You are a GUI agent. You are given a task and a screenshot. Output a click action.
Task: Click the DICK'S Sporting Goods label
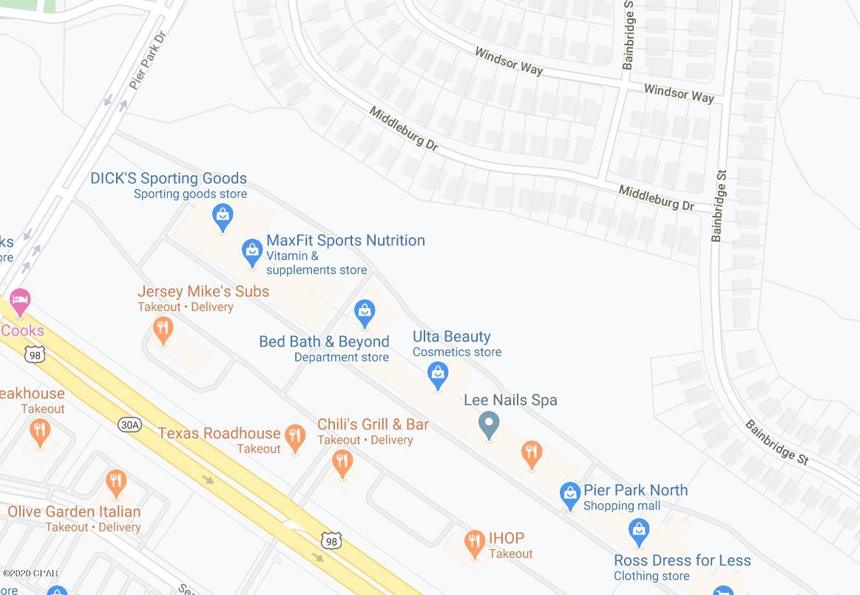pyautogui.click(x=169, y=178)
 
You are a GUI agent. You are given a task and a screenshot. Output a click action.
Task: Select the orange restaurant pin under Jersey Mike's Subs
pyautogui.click(x=163, y=330)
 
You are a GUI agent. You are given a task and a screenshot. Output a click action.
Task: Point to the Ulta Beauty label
pyautogui.click(x=451, y=336)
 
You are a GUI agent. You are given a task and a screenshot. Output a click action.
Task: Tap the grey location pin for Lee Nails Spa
pyautogui.click(x=489, y=425)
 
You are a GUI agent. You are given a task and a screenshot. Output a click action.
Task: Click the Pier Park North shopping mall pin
pyautogui.click(x=569, y=495)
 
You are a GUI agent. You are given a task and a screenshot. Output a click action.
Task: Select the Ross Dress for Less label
pyautogui.click(x=682, y=560)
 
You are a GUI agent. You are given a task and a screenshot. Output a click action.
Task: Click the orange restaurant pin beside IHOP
pyautogui.click(x=474, y=544)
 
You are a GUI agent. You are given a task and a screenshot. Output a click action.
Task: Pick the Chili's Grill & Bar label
pyautogui.click(x=373, y=424)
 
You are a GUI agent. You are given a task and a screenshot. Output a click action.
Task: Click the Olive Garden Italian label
pyautogui.click(x=74, y=511)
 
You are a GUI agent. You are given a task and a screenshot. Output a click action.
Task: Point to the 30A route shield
pyautogui.click(x=129, y=424)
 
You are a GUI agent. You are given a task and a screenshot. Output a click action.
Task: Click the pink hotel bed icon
pyautogui.click(x=20, y=302)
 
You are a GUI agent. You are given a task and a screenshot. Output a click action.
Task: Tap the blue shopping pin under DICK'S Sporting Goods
pyautogui.click(x=223, y=217)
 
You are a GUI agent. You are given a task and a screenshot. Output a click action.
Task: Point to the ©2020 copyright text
pyautogui.click(x=30, y=573)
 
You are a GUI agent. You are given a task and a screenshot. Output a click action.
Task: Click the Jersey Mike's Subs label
pyautogui.click(x=203, y=291)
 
